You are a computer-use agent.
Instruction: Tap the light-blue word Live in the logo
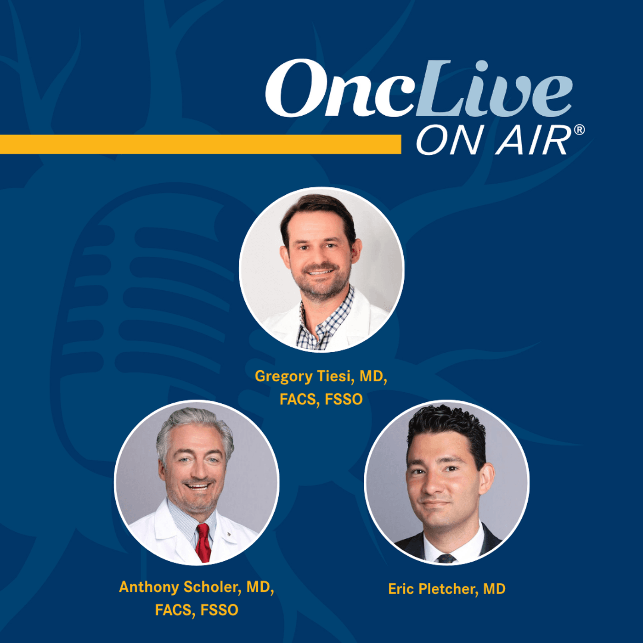pos(494,90)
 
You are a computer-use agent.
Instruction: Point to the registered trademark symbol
pos(579,130)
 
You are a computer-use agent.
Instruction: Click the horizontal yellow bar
pos(200,144)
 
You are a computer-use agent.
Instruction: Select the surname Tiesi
pos(335,376)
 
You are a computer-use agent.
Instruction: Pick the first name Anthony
pos(149,587)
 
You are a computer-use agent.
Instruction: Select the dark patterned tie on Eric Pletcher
pos(446,558)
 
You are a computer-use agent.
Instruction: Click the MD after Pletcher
pos(494,589)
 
